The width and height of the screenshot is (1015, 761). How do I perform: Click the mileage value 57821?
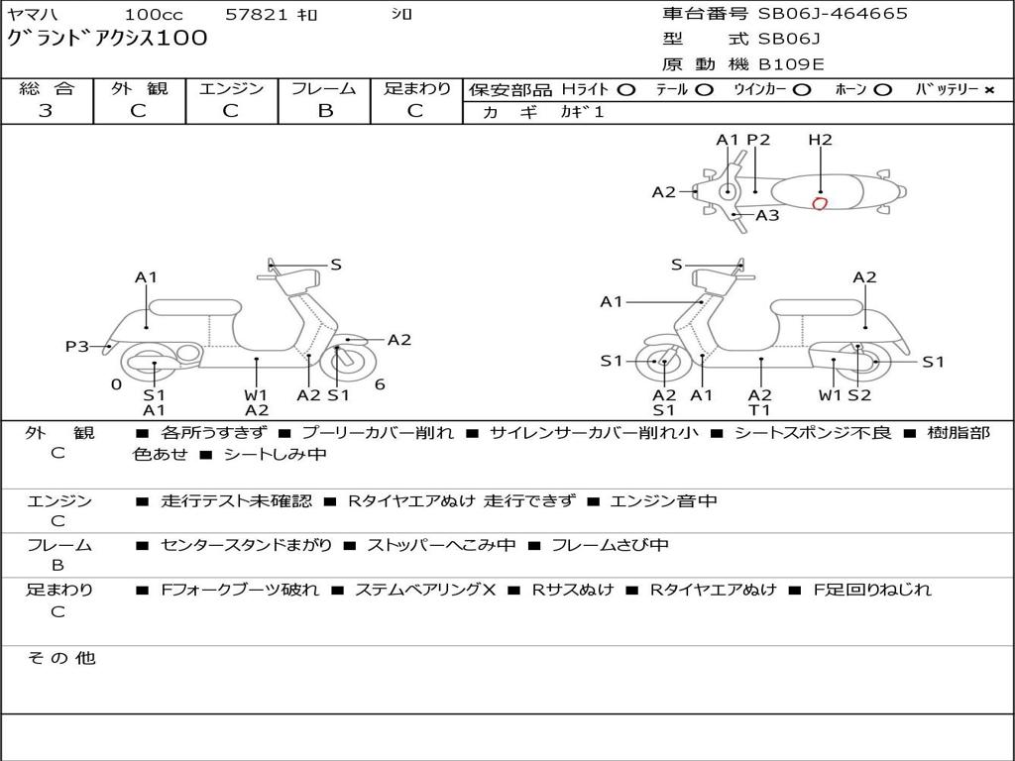(257, 15)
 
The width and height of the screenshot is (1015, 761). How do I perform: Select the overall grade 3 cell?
(46, 111)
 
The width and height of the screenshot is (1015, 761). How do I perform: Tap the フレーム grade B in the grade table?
(324, 111)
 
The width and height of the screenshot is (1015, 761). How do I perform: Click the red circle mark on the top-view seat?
(819, 204)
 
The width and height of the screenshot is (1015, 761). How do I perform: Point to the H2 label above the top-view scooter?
(820, 140)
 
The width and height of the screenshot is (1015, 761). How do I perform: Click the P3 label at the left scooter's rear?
(77, 347)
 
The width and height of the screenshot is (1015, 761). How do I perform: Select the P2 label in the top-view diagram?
(758, 140)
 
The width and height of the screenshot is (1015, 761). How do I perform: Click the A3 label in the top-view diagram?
(767, 215)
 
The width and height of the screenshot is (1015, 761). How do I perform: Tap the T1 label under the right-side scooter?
(760, 410)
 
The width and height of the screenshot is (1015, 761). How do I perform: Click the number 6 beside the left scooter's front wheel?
(380, 384)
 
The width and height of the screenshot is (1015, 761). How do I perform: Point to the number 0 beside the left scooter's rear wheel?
(116, 384)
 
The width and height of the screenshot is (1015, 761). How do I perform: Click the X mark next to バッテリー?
(988, 89)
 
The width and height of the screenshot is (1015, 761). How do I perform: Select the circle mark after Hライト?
(625, 89)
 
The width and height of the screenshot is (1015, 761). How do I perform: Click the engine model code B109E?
(791, 64)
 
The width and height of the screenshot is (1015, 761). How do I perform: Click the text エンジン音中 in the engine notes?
(663, 501)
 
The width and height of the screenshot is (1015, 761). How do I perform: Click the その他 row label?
(60, 658)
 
